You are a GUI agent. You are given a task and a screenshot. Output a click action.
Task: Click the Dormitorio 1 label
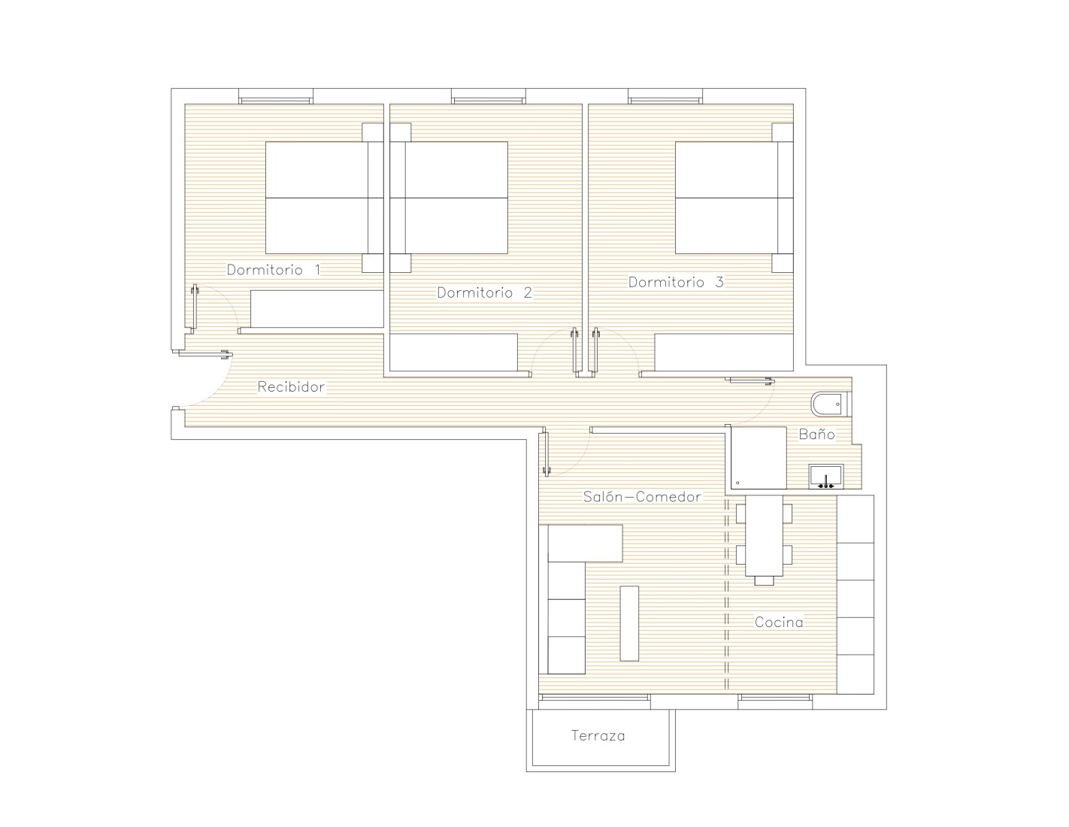pos(274,270)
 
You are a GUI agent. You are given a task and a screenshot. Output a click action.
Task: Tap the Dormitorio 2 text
pos(485,292)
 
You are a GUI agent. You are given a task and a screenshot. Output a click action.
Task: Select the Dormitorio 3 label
pos(676,282)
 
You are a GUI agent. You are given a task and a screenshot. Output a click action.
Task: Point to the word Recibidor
pos(291,386)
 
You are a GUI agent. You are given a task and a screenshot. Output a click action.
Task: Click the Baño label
pos(816,434)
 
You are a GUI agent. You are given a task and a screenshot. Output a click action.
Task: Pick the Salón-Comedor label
pos(642,496)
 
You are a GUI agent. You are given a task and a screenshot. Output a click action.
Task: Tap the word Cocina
pos(779,623)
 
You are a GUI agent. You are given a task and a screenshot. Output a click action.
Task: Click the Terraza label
pos(598,735)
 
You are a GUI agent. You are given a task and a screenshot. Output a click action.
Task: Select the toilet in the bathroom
pos(831,404)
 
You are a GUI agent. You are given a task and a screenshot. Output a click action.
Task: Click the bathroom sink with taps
pos(826,476)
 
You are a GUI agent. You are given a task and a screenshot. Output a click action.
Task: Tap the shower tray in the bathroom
pos(758,458)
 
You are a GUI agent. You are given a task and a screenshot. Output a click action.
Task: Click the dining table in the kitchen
pos(764,535)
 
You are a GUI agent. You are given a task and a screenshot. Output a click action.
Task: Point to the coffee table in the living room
pos(629,623)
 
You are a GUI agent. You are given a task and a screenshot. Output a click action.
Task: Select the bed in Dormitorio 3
pos(734,198)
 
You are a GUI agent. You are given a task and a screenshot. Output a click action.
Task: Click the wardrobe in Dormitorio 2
pos(453,353)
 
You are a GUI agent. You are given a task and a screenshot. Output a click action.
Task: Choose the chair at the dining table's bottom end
pos(764,580)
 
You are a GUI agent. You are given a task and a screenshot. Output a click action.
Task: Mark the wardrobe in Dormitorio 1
pos(316,309)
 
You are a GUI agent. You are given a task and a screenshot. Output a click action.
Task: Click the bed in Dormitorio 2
pos(449,198)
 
